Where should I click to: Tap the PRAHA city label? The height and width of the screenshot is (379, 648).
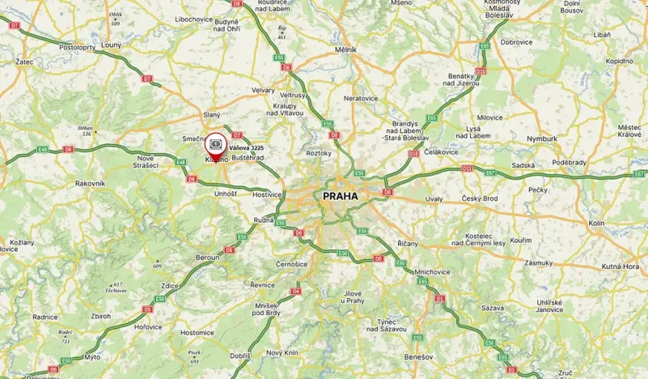click(340, 195)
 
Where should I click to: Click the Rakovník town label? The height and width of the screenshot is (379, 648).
click(90, 184)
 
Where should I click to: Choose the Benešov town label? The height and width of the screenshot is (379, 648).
click(419, 356)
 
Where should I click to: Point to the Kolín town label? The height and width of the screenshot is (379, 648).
click(597, 223)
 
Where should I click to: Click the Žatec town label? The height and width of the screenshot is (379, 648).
click(23, 62)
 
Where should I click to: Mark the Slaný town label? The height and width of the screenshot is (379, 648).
click(211, 115)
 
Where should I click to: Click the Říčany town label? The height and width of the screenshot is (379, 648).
click(407, 243)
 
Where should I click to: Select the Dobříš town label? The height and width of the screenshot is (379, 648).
click(239, 356)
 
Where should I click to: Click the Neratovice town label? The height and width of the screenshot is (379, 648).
click(361, 98)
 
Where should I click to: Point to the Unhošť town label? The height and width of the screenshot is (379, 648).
click(226, 194)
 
